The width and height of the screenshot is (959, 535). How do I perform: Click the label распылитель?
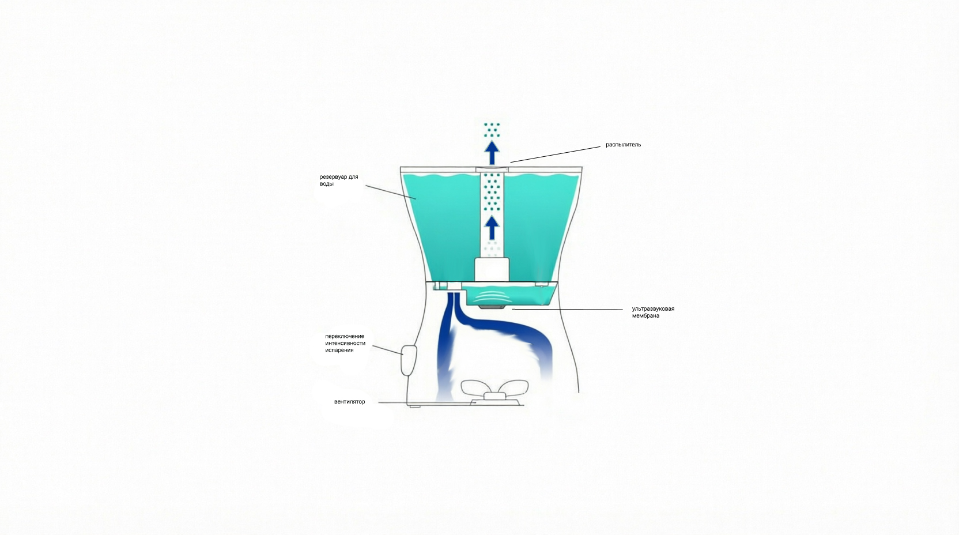[x=623, y=145]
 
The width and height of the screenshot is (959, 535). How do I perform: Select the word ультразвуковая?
[x=653, y=309]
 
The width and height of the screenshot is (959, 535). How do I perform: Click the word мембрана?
[x=645, y=316]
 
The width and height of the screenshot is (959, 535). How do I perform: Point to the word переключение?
[x=345, y=336]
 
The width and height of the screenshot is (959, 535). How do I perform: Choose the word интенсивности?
[x=345, y=343]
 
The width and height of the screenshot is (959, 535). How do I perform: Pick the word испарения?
[x=339, y=350]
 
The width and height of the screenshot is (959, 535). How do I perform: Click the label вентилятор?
[x=349, y=402]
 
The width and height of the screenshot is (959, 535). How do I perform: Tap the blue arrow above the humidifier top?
[x=492, y=153]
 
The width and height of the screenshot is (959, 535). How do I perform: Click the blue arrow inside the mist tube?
[x=492, y=228]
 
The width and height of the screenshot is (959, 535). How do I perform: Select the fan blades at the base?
[x=494, y=387]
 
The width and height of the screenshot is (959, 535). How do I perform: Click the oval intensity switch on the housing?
[x=409, y=360]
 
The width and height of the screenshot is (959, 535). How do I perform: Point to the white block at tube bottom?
[x=492, y=269]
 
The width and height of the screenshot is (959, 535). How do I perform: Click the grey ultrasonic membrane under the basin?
[x=490, y=307]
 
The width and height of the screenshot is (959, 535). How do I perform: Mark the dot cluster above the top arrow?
[x=492, y=130]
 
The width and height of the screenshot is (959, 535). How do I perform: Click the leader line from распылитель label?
[x=555, y=155]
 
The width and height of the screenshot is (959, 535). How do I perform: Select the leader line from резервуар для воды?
[x=390, y=193]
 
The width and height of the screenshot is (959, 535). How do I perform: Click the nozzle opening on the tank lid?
[x=492, y=169]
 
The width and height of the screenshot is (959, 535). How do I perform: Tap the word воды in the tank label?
[x=326, y=184]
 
